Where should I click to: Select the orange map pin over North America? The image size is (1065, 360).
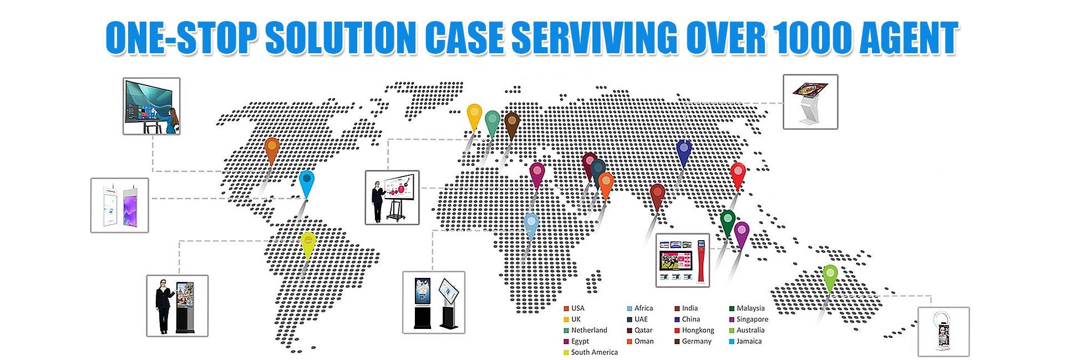[x=271, y=148]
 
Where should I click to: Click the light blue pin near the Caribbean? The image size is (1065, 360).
[x=307, y=181]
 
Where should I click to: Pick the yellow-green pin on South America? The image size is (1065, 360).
[x=308, y=242]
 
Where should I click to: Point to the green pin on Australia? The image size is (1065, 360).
[x=830, y=275]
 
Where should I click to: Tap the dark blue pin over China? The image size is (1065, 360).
[x=684, y=150]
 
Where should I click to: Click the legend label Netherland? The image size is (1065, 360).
[x=589, y=330]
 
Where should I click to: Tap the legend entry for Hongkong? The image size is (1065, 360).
[x=698, y=330]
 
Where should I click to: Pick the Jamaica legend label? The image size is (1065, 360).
[x=749, y=341]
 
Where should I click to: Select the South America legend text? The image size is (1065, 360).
[x=594, y=352]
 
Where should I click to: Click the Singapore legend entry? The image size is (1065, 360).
[x=752, y=319]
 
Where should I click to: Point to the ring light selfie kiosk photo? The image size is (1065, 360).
[x=944, y=331]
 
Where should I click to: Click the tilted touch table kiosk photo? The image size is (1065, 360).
[x=810, y=102]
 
